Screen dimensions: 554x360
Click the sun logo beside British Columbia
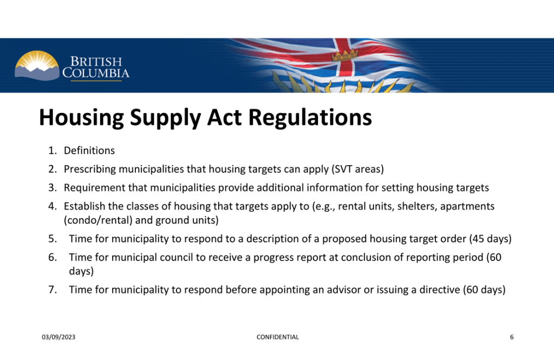point(37,66)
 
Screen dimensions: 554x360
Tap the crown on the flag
point(344,55)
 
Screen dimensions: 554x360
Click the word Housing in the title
point(81,117)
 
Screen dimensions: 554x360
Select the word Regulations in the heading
point(310,117)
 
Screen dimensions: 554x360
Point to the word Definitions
point(89,150)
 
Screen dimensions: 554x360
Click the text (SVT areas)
point(357,169)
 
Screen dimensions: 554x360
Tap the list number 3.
point(53,188)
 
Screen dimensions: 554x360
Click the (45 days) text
point(491,239)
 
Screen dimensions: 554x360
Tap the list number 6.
point(53,257)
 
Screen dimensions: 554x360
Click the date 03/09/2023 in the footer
point(58,337)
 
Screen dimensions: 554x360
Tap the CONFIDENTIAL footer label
point(278,337)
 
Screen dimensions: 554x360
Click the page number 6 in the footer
point(512,337)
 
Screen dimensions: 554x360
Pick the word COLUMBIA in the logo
point(96,73)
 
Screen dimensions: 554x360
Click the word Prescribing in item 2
point(90,169)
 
